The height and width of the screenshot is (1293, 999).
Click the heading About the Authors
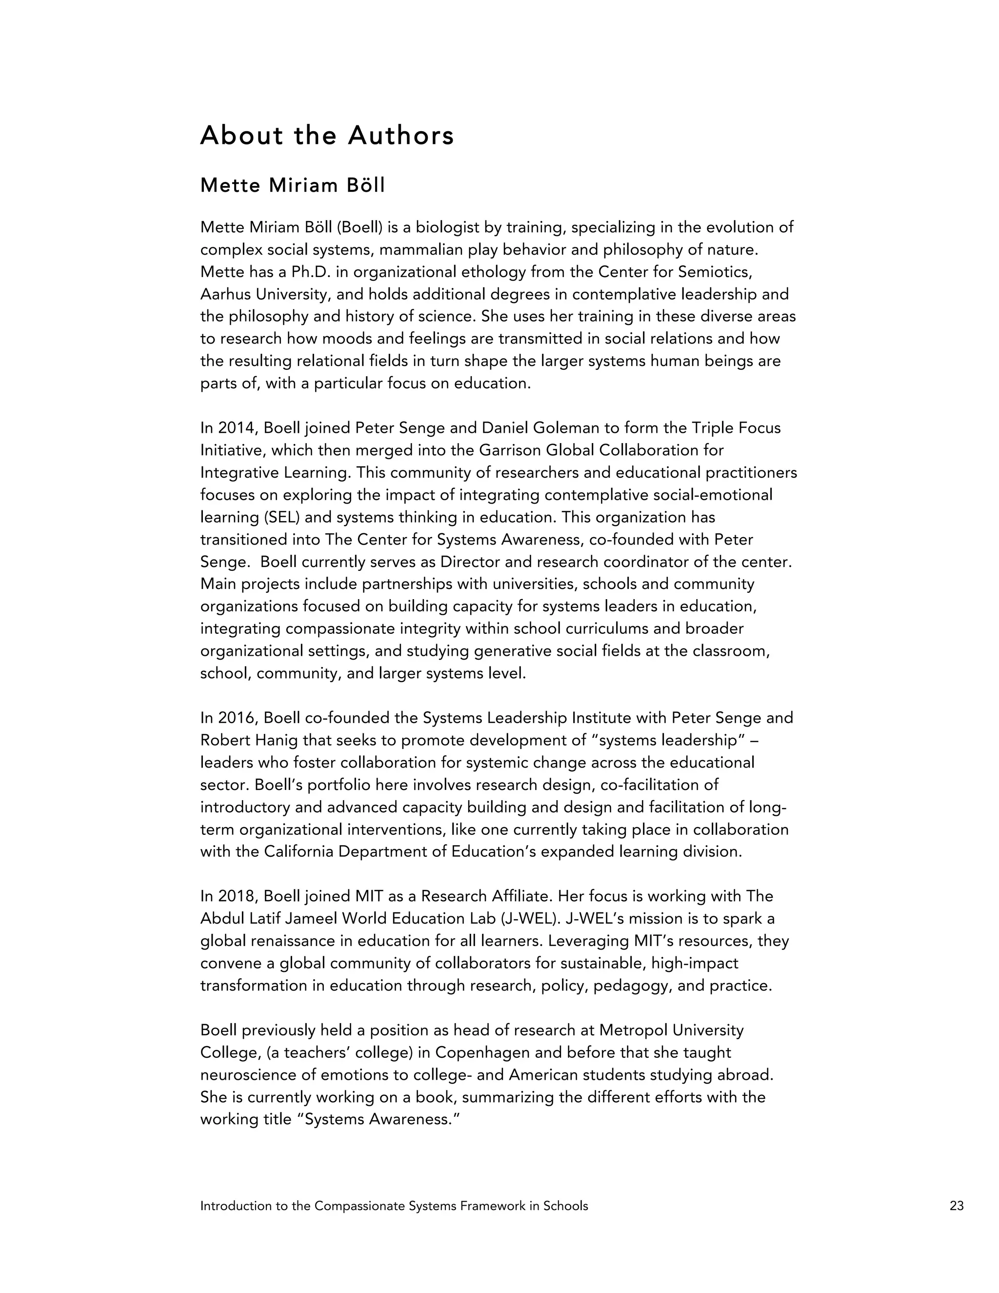[327, 136]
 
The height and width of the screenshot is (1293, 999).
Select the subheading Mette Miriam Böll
[292, 186]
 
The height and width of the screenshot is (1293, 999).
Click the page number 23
[957, 1205]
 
